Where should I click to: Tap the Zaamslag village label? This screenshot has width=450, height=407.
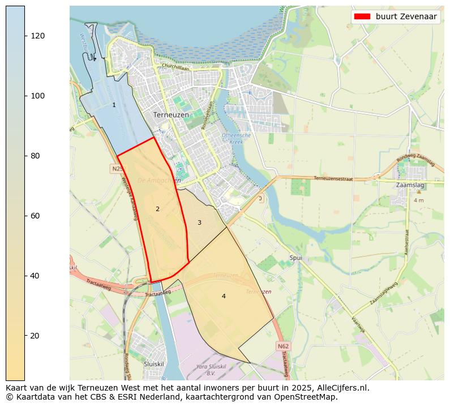(x=411, y=185)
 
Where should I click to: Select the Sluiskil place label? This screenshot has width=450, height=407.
(x=153, y=364)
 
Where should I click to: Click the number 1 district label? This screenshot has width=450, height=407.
(x=114, y=105)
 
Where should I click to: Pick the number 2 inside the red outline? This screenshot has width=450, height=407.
(x=157, y=209)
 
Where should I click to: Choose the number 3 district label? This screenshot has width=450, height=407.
(x=199, y=222)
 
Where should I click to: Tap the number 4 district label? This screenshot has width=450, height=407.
(x=224, y=296)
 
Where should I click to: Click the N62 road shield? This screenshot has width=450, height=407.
(x=284, y=345)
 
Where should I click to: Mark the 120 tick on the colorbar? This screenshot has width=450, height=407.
(x=37, y=36)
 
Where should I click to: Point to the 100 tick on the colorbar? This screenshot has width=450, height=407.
(x=37, y=96)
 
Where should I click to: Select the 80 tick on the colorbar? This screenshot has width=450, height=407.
(x=37, y=156)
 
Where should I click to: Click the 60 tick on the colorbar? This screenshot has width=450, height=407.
(x=37, y=216)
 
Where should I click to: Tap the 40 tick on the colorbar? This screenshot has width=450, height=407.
(x=37, y=276)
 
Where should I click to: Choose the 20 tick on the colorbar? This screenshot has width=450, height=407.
(x=37, y=336)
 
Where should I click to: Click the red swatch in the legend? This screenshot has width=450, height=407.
(x=363, y=16)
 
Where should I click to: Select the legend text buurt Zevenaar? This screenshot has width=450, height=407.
(x=406, y=16)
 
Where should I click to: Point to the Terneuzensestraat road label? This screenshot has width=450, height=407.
(x=333, y=178)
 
